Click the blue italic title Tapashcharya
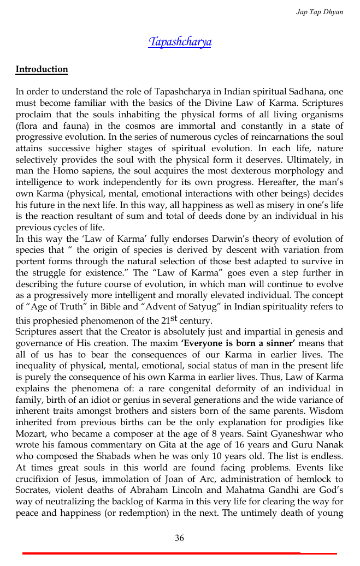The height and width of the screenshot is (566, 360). click(x=180, y=42)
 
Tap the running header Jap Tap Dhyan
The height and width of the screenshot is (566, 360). click(x=320, y=11)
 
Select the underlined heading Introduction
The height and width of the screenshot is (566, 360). click(x=42, y=69)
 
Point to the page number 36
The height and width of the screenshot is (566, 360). click(x=179, y=538)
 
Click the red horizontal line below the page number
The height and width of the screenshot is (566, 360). click(x=179, y=553)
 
